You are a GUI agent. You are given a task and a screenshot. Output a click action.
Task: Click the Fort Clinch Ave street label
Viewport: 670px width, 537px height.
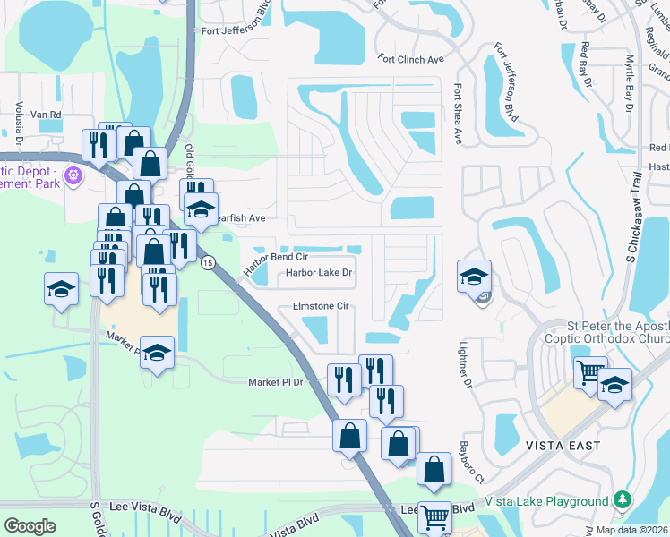tap(411, 60)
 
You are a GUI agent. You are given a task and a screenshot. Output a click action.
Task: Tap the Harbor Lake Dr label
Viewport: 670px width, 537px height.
tap(320, 273)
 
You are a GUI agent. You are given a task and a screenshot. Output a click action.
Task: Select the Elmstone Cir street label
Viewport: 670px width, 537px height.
tap(320, 306)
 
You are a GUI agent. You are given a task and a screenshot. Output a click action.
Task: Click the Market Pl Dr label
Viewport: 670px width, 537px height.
tap(277, 382)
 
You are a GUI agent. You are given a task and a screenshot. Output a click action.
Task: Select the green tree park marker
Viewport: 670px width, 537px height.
tap(623, 501)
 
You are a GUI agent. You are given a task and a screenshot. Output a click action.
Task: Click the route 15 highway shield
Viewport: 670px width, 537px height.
tap(208, 262)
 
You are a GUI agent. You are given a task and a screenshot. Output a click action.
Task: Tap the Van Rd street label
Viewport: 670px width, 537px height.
tap(46, 115)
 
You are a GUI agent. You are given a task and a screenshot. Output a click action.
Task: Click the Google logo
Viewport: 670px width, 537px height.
tap(30, 526)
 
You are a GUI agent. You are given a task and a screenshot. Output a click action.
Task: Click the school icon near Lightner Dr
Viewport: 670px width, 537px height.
tap(474, 274)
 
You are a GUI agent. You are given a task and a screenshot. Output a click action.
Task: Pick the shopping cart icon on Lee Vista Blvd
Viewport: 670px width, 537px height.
tap(435, 516)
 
